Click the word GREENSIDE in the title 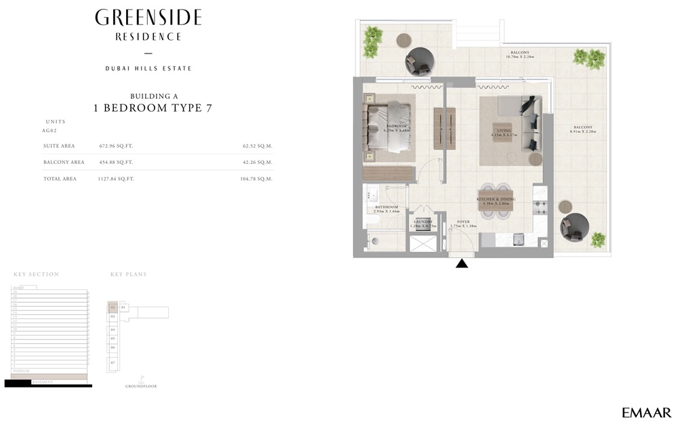click(148, 18)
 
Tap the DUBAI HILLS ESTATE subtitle click(148, 68)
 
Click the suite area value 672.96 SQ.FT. click(115, 146)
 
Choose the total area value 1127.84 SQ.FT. click(116, 179)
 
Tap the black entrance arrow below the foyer click(462, 263)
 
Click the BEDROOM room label click(397, 127)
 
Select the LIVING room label click(504, 131)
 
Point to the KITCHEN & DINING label click(496, 199)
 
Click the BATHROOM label click(386, 207)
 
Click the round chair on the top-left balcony click(420, 62)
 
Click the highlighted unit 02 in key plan click(113, 308)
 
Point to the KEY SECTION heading click(36, 274)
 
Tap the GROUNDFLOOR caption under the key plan click(141, 386)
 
